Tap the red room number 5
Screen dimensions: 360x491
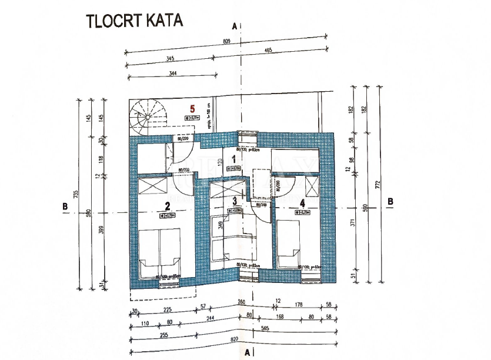click(192, 109)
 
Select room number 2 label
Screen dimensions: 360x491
click(167, 206)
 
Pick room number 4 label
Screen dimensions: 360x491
click(302, 203)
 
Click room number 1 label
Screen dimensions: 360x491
click(233, 159)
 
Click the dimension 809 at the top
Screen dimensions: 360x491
click(227, 42)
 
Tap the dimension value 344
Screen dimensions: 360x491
click(173, 73)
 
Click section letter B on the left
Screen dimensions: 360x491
click(65, 206)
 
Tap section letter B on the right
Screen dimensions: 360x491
click(390, 201)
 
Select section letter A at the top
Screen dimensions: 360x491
click(235, 26)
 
